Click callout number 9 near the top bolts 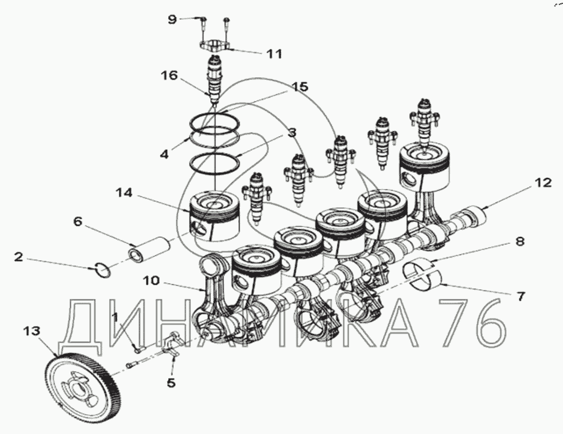coord(173,19)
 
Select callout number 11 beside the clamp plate coord(274,54)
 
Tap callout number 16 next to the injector coord(169,75)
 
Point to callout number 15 coord(300,87)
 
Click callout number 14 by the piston coord(124,193)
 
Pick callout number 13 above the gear coord(32,331)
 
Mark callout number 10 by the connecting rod coord(151,280)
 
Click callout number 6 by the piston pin coord(78,221)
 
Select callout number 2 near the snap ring coord(19,257)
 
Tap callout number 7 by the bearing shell coord(520,297)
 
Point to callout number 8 coord(520,241)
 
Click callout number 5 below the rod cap coord(171,382)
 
